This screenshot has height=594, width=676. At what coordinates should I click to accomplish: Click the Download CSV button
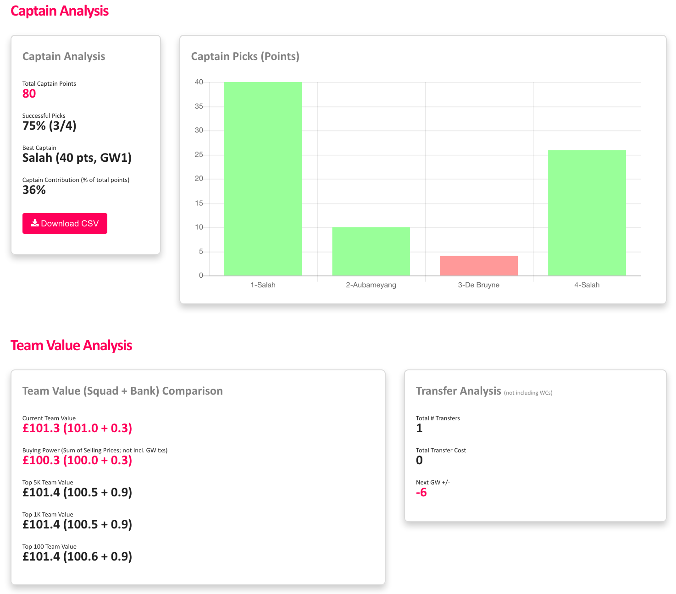pos(65,223)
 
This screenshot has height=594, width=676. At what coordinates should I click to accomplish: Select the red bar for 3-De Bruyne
pos(479,266)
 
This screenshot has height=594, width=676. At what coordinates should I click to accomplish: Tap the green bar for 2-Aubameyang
pos(371,251)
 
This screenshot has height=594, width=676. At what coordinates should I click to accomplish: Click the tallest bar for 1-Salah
pos(263,179)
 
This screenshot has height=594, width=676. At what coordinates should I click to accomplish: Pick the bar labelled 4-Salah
pos(587,213)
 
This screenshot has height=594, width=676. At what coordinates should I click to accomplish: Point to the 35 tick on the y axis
pos(199,106)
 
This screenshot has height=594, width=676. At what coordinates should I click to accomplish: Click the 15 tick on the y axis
pos(199,203)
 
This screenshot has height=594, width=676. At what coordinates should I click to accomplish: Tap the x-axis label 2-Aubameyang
pos(371,285)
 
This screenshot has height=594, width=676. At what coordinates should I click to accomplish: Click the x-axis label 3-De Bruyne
pos(479,285)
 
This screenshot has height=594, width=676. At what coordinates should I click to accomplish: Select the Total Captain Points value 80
pos(29,93)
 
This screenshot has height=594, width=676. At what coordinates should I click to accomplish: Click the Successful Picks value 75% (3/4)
pos(50,126)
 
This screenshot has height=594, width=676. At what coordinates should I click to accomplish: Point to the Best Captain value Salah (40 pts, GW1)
pos(77,158)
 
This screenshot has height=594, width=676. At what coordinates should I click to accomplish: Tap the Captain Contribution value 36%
pos(34,190)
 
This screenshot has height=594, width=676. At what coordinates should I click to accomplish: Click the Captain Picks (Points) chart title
pos(245,56)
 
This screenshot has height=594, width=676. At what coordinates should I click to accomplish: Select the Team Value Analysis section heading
pos(71,345)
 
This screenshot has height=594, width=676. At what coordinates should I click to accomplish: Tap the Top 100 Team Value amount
pos(77,556)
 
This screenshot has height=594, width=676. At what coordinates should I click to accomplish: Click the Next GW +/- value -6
pos(421,492)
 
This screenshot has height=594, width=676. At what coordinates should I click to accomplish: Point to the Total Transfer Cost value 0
pos(419,460)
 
